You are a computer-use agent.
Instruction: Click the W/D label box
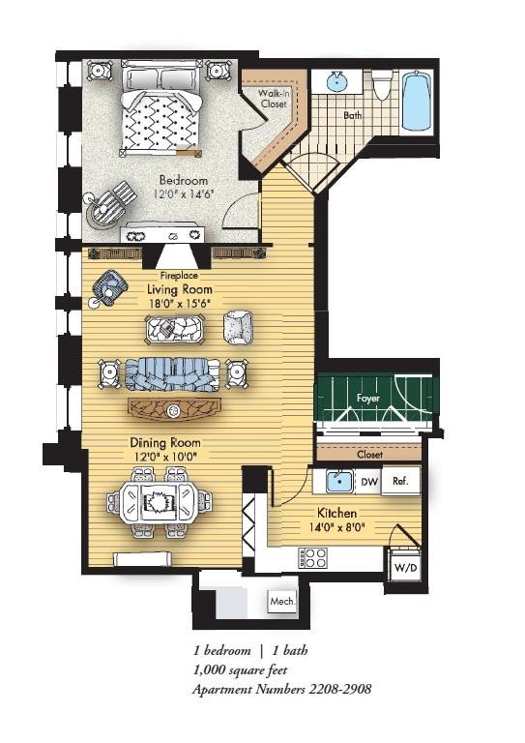(x=406, y=567)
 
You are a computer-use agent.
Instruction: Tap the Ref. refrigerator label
(x=400, y=481)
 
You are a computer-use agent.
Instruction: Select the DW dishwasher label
(x=369, y=482)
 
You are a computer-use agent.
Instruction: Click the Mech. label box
(x=282, y=602)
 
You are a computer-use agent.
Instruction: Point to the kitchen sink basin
(x=339, y=482)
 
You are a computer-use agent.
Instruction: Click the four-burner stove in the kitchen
(x=312, y=557)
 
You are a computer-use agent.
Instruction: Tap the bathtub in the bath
(x=418, y=101)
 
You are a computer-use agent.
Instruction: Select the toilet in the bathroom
(x=381, y=85)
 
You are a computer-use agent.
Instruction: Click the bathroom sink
(x=337, y=81)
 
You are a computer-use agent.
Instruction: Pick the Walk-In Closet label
(x=274, y=98)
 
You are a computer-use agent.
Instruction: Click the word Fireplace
(x=179, y=276)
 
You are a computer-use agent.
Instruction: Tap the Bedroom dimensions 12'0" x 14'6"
(x=184, y=193)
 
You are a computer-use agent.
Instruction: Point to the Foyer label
(x=368, y=398)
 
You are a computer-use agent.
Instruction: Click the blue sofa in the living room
(x=172, y=373)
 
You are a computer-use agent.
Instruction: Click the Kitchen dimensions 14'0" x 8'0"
(x=336, y=526)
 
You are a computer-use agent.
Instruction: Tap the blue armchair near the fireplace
(x=110, y=285)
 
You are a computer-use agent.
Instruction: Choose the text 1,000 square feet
(x=240, y=670)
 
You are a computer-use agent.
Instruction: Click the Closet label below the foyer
(x=369, y=454)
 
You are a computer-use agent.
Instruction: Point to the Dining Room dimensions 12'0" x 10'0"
(x=165, y=456)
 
